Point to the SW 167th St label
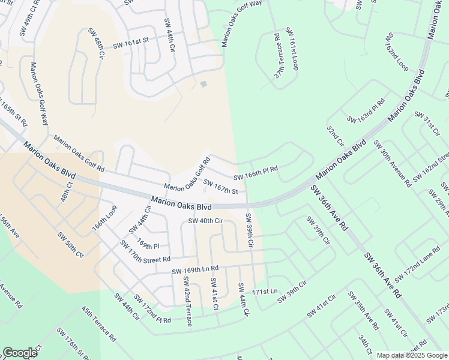tap(221, 187)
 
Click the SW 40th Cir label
tap(206, 221)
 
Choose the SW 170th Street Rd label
tap(145, 251)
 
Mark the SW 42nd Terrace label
tap(188, 306)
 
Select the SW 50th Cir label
tap(71, 245)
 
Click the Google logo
tap(20, 352)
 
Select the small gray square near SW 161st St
tap(203, 84)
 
